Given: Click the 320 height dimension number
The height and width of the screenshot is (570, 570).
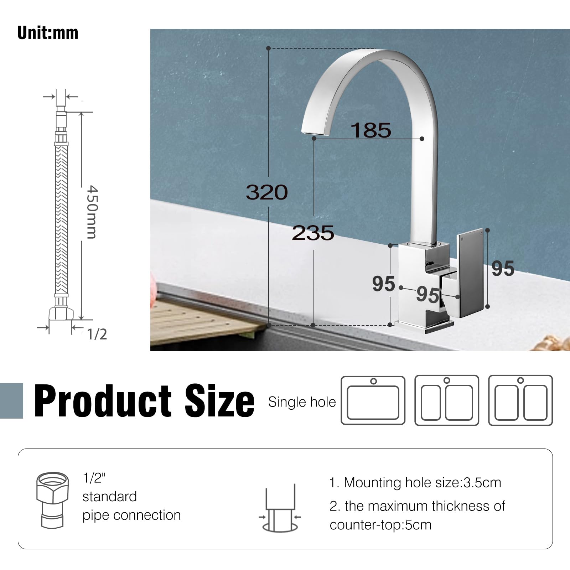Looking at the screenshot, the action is click(x=267, y=192).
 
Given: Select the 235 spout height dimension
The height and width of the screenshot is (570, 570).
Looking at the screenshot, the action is click(x=313, y=233).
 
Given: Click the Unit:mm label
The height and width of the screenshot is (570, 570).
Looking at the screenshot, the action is click(x=48, y=33).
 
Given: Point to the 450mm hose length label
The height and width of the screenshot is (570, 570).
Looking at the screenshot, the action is click(x=92, y=212).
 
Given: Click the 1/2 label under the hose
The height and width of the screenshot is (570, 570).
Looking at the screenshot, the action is click(x=97, y=334).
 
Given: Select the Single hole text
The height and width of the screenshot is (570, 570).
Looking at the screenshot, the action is click(x=302, y=402).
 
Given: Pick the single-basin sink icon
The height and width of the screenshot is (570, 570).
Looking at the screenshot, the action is click(x=373, y=400).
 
